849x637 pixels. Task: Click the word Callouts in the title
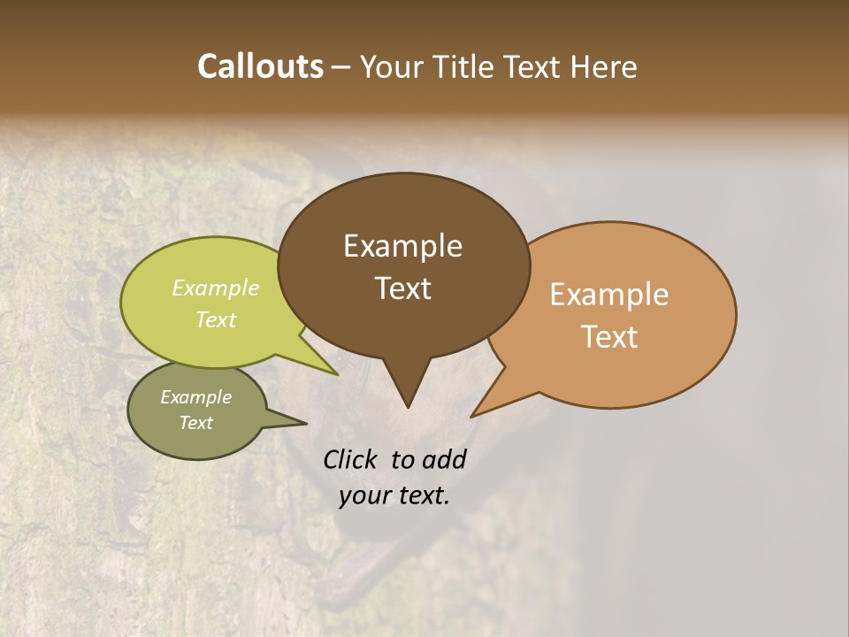pos(260,66)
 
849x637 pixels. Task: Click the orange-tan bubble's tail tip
pos(472,416)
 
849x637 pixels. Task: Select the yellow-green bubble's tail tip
pos(336,374)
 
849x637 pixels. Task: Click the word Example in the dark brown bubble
pos(402,246)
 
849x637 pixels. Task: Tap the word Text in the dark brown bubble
pos(403,288)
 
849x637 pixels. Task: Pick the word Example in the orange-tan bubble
pos(609,295)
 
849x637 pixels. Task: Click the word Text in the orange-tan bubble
pos(610,336)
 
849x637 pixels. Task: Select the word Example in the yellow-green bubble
pos(216,288)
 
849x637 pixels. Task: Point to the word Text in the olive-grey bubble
pos(196,423)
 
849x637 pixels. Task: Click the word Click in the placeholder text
pos(351,459)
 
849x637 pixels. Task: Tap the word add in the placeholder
pos(444,459)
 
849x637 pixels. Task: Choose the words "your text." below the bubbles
pos(394,495)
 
